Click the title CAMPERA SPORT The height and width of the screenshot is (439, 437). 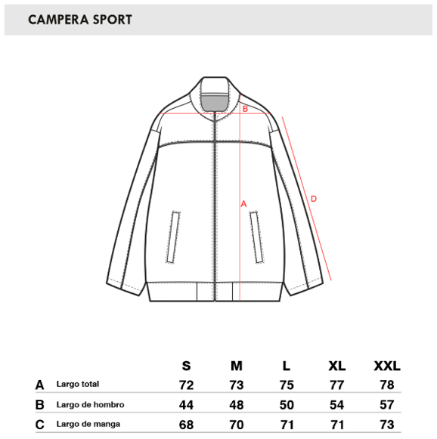[x=80, y=20]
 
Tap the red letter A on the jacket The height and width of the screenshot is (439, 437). [x=243, y=204]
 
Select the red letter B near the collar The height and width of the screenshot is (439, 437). [x=245, y=109]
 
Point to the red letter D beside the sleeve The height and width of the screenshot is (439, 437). [x=314, y=199]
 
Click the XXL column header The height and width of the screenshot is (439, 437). [x=387, y=366]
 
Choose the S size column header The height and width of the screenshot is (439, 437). [x=186, y=366]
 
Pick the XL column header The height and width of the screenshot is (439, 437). [x=336, y=366]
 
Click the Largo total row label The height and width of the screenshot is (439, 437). [x=78, y=384]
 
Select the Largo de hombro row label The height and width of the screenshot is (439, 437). [x=90, y=404]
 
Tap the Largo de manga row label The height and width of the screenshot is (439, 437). [x=88, y=424]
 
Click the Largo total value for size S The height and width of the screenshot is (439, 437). [x=186, y=385]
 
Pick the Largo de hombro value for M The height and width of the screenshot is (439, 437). [x=237, y=405]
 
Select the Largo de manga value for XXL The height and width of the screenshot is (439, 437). [x=387, y=425]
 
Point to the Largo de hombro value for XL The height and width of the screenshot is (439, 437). [x=336, y=405]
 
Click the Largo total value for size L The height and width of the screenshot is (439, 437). [x=287, y=385]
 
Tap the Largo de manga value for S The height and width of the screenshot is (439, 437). [x=186, y=425]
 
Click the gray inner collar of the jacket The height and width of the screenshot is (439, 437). [x=214, y=104]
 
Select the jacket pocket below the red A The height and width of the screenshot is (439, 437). [x=256, y=237]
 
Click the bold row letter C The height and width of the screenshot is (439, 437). [x=40, y=425]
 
